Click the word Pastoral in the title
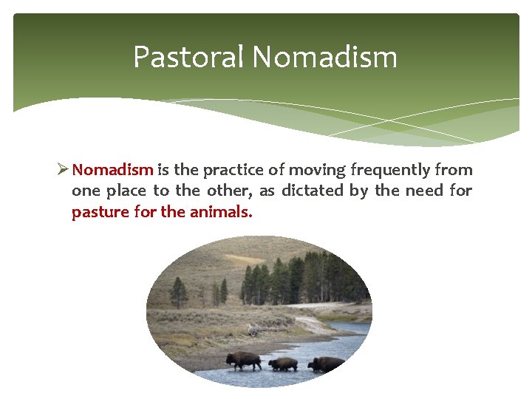click(188, 57)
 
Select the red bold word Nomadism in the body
click(113, 170)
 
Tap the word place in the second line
click(126, 191)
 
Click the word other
click(227, 191)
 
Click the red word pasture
click(99, 212)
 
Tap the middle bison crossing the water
click(283, 364)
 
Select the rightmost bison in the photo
click(325, 364)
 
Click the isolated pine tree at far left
click(178, 292)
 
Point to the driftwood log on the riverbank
click(253, 330)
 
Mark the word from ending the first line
click(455, 170)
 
